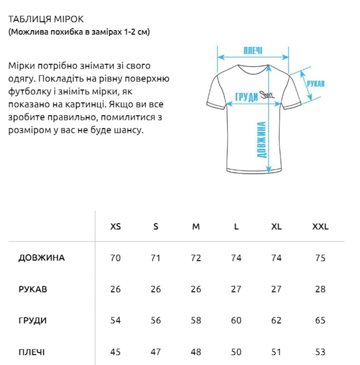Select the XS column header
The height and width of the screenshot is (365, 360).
[x=116, y=227]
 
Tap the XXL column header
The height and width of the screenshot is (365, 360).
[x=320, y=227]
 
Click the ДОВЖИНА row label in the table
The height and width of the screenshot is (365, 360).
[x=41, y=258]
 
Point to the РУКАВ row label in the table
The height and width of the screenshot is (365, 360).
[x=33, y=289]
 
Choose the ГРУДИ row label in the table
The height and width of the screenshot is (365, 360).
[x=32, y=321]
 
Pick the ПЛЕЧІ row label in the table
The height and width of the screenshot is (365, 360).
[x=31, y=352]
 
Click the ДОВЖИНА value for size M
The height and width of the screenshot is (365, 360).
[x=196, y=258]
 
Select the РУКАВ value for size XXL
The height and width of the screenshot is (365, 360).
[x=320, y=289]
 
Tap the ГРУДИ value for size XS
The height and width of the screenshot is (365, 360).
[x=116, y=321]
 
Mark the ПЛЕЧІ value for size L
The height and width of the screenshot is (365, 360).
[x=236, y=352]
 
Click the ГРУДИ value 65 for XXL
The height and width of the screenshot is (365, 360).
[x=320, y=321]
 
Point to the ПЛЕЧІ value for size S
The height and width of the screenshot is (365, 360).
[x=156, y=352]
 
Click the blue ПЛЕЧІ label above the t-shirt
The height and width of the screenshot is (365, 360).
[x=253, y=50]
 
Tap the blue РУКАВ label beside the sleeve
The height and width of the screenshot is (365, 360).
[x=315, y=84]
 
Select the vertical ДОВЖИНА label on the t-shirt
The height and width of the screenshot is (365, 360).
[x=262, y=140]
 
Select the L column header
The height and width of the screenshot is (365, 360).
[x=236, y=227]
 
